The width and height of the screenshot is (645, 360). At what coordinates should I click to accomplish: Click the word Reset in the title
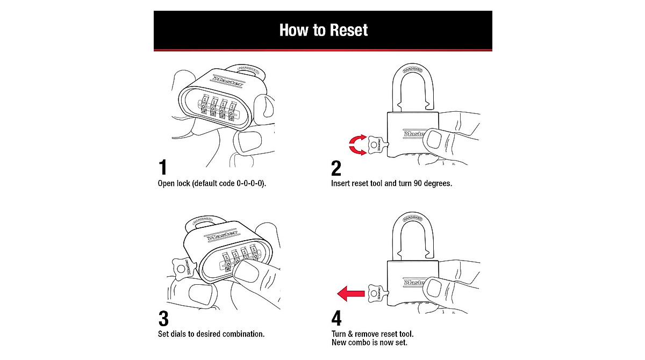pyautogui.click(x=346, y=30)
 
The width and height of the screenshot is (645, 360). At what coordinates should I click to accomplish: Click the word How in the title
pyautogui.click(x=293, y=30)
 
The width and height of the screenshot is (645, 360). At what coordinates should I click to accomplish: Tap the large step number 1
pyautogui.click(x=162, y=168)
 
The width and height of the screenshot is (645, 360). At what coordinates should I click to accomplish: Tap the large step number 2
pyautogui.click(x=336, y=168)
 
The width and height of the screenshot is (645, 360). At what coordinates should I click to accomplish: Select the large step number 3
pyautogui.click(x=163, y=319)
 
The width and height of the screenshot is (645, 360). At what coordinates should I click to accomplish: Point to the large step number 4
pyautogui.click(x=337, y=319)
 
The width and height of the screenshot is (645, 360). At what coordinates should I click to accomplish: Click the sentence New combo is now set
pyautogui.click(x=370, y=342)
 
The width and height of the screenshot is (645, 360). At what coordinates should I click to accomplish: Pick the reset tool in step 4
pyautogui.click(x=376, y=293)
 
